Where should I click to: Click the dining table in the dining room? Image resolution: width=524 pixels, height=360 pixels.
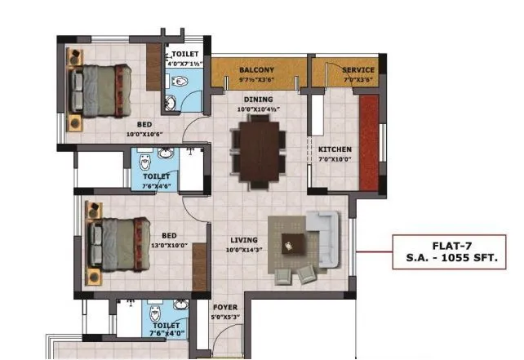[x=259, y=149]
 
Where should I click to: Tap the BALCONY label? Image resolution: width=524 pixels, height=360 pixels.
[x=257, y=70]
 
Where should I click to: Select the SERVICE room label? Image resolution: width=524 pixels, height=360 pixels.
[x=357, y=70]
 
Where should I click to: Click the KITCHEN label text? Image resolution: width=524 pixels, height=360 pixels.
[x=335, y=149]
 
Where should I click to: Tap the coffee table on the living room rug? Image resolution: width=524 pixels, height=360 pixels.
[x=291, y=242]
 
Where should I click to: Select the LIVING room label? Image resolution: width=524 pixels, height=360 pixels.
[x=243, y=240]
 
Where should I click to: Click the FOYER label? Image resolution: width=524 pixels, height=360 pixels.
[x=224, y=309]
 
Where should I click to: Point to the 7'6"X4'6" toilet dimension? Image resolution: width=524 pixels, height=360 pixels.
[x=156, y=185]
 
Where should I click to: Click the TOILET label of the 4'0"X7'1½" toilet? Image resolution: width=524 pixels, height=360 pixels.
[x=184, y=54]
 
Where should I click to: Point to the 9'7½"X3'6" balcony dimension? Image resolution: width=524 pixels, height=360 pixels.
[x=256, y=80]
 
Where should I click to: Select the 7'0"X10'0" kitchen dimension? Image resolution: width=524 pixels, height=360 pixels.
[x=335, y=159]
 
